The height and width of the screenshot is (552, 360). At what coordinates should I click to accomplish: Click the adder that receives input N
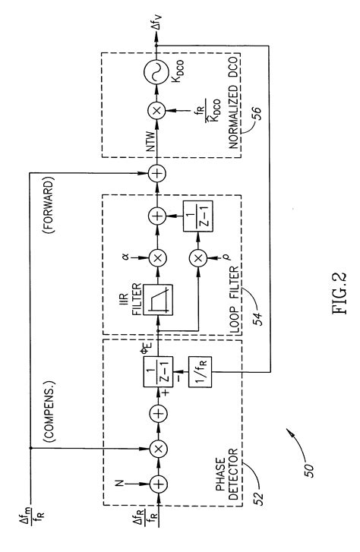[x=157, y=481]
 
